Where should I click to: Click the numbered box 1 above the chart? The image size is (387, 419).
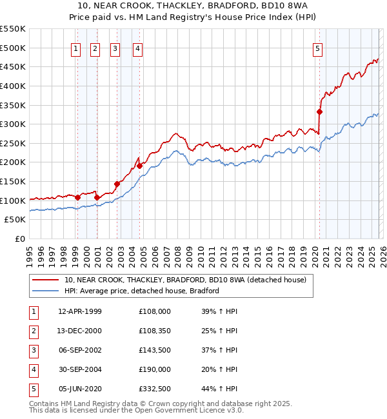coord(76,47)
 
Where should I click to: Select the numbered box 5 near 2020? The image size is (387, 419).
coord(319,47)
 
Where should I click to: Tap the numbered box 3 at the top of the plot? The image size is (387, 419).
coord(115,47)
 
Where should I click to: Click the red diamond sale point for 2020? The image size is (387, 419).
coord(319,112)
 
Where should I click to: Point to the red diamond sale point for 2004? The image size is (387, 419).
coord(139,166)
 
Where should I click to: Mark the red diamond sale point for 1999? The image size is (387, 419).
coord(77,197)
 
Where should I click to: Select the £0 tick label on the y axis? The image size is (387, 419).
coord(21,239)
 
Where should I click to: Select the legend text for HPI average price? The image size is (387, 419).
coord(142,291)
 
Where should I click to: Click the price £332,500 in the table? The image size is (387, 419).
coord(155,388)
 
